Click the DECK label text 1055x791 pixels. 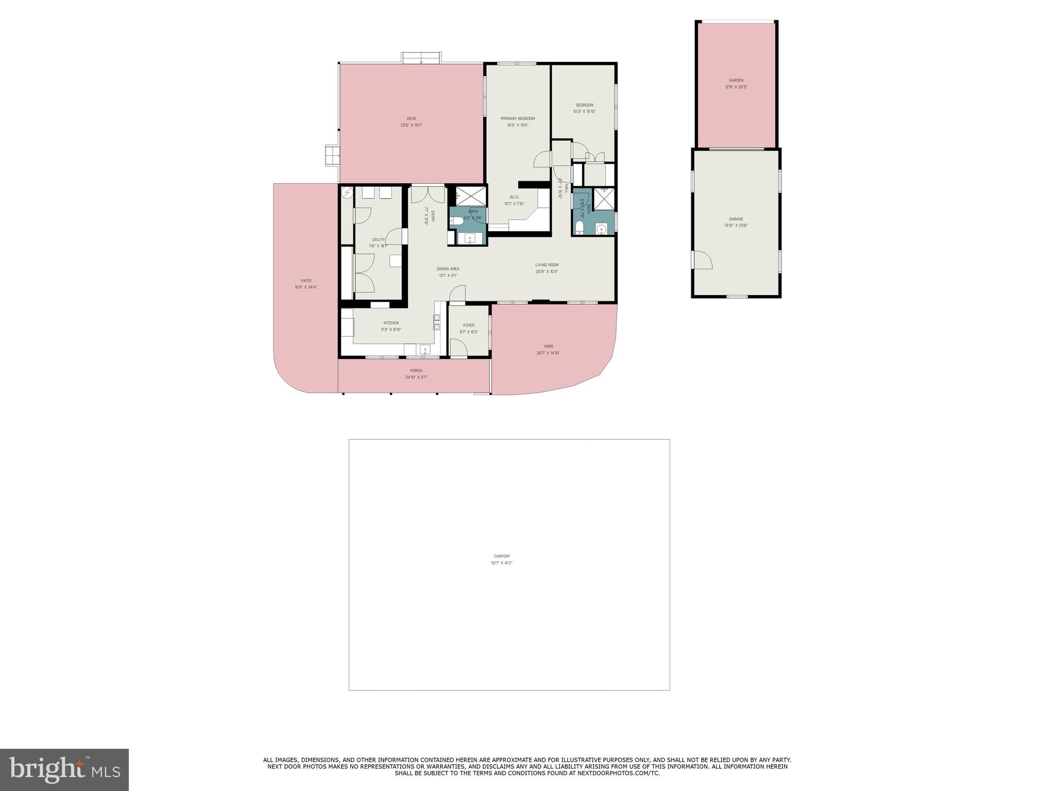[x=411, y=118]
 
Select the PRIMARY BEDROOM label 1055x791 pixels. [x=518, y=118]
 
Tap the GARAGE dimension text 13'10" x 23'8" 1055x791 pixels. [x=736, y=226]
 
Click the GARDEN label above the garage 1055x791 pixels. [x=736, y=80]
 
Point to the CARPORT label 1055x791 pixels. [x=502, y=556]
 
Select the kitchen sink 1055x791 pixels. [x=424, y=350]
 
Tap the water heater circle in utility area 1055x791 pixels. [x=347, y=193]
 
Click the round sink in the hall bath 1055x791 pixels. [x=601, y=229]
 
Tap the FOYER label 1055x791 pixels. [x=469, y=325]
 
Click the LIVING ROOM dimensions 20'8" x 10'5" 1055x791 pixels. [x=547, y=271]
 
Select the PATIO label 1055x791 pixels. [x=306, y=281]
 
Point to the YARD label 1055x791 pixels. [x=548, y=346]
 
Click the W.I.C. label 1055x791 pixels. [x=514, y=197]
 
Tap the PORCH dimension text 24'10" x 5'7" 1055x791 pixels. [x=416, y=377]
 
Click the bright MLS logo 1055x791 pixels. [x=64, y=770]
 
